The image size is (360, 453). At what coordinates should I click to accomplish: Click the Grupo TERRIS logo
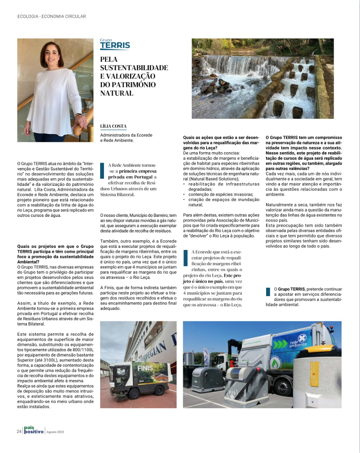click(x=115, y=44)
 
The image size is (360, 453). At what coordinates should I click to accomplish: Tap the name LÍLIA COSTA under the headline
click(x=113, y=126)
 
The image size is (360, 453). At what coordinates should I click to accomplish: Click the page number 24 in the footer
click(x=19, y=431)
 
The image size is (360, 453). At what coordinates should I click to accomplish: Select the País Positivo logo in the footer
click(x=34, y=430)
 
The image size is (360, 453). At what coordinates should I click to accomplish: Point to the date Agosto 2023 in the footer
click(x=55, y=432)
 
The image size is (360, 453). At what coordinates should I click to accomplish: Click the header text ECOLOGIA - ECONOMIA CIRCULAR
click(x=52, y=17)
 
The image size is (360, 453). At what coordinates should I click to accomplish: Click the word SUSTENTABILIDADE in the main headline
click(x=134, y=68)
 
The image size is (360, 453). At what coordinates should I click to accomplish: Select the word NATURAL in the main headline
click(x=117, y=93)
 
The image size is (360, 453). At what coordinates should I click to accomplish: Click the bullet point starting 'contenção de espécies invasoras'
click(x=218, y=195)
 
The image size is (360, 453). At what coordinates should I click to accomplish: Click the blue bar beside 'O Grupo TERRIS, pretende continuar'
click(x=268, y=292)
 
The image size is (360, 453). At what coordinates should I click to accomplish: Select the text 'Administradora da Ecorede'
click(x=126, y=135)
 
